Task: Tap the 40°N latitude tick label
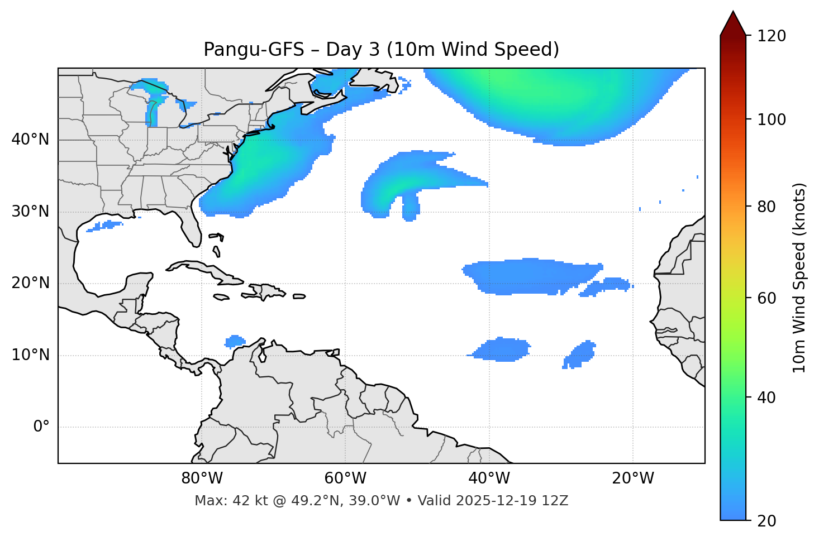click(x=30, y=140)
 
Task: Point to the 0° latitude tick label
click(x=41, y=427)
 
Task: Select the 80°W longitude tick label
click(x=202, y=478)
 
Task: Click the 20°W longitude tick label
click(x=633, y=478)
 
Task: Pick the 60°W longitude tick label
click(x=345, y=478)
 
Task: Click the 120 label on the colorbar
click(x=772, y=36)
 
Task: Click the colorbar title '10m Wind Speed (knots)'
click(x=799, y=277)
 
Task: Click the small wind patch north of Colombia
click(x=235, y=341)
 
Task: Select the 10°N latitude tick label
click(x=30, y=355)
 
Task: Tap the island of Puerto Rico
click(x=299, y=296)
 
